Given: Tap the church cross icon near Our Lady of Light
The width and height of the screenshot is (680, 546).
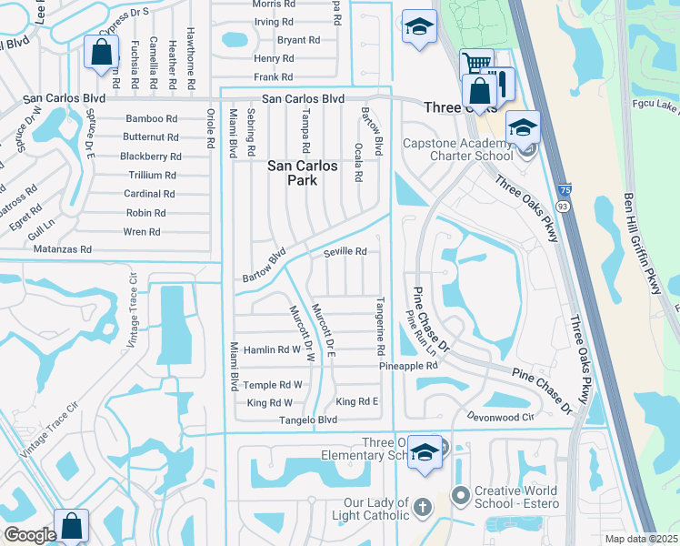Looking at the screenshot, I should pyautogui.click(x=422, y=506).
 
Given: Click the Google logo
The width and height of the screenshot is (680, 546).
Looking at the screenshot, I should pyautogui.click(x=30, y=535).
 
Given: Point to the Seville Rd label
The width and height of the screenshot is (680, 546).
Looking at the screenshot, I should pyautogui.click(x=345, y=252).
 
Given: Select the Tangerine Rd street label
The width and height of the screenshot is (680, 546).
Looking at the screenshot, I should pyautogui.click(x=380, y=325).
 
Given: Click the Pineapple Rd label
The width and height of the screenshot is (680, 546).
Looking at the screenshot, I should pyautogui.click(x=409, y=366).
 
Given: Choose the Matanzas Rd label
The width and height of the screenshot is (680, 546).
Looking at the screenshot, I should pyautogui.click(x=62, y=248).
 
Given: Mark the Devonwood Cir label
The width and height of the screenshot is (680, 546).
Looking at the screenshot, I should pyautogui.click(x=499, y=416).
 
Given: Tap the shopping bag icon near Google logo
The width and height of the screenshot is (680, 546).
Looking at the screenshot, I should pyautogui.click(x=71, y=526).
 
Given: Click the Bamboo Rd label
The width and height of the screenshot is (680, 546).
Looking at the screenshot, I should pyautogui.click(x=152, y=119).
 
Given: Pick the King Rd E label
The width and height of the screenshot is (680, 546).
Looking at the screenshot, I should pyautogui.click(x=356, y=401).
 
